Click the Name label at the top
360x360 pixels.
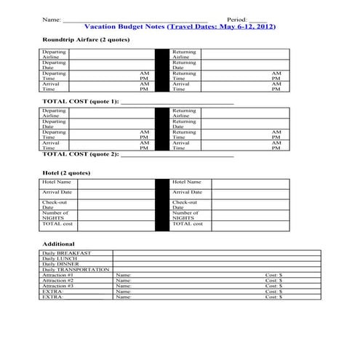coord(51,19)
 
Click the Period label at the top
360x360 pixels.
coord(236,19)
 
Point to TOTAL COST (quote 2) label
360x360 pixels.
coord(80,153)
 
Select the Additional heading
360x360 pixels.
coord(58,244)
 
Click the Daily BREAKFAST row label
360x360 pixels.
coord(67,252)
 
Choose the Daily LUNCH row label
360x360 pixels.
coord(60,258)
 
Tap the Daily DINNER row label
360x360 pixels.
coord(62,264)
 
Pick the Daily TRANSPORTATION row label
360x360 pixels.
coord(76,270)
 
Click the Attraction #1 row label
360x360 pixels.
coord(58,276)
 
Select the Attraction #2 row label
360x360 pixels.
coord(58,281)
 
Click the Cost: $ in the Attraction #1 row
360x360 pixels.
coord(273,276)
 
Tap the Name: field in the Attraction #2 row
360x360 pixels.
coord(123,281)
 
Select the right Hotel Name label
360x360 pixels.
coord(187,182)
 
